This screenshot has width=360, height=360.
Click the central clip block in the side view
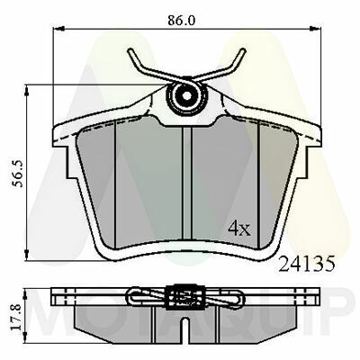coord(184,294)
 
